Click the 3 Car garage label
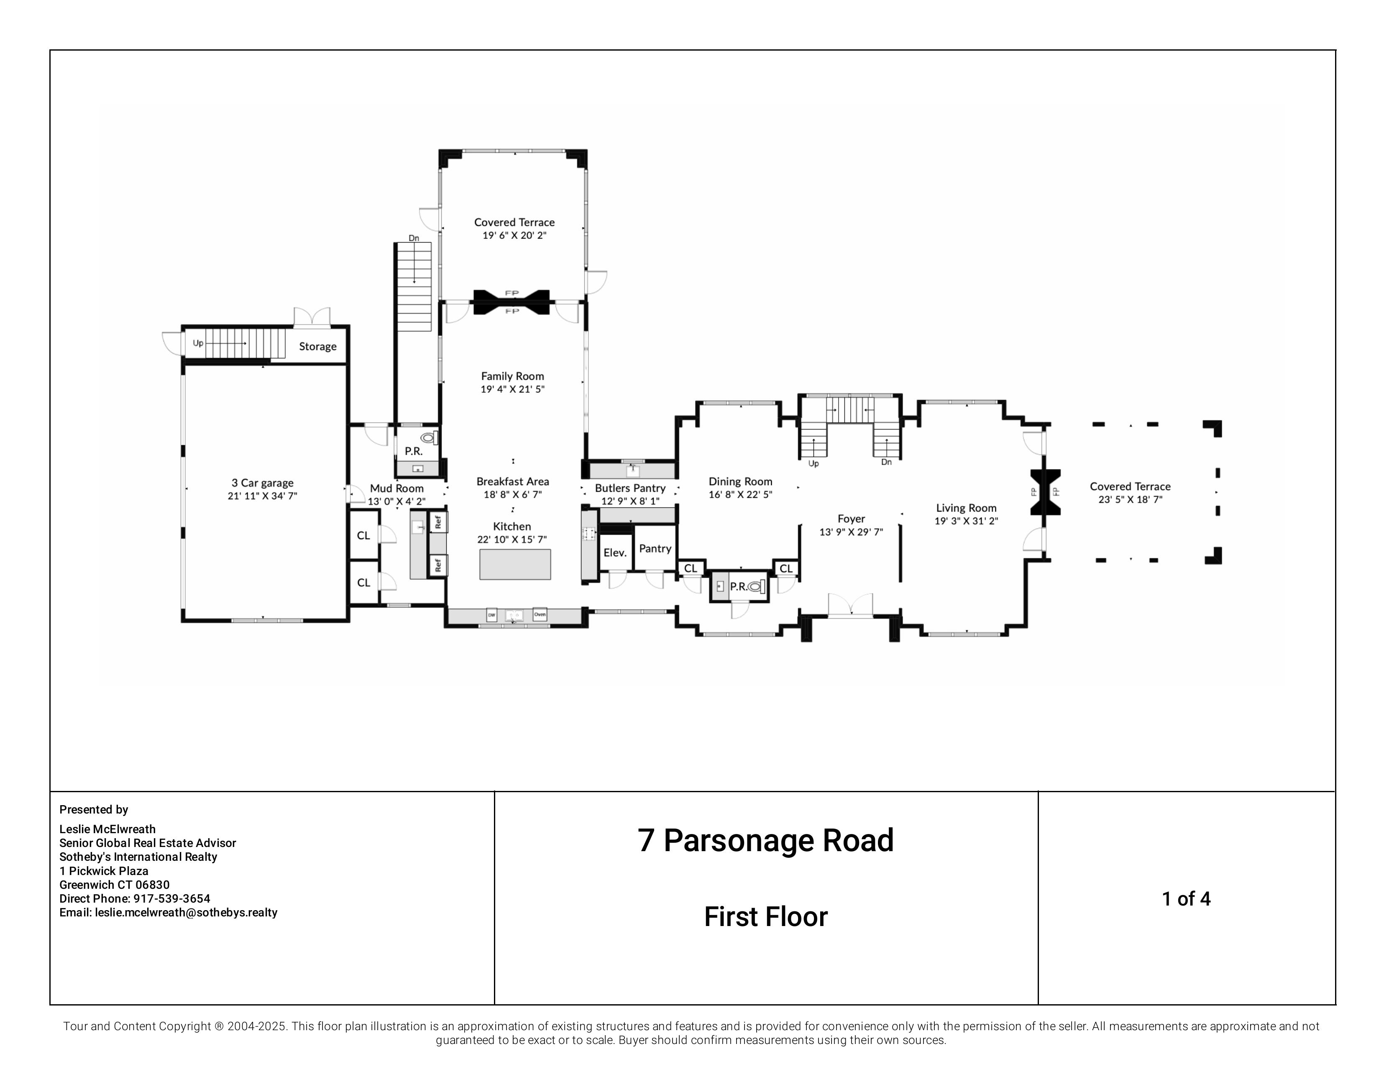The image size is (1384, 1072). pyautogui.click(x=262, y=483)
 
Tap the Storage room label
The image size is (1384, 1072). pyautogui.click(x=317, y=347)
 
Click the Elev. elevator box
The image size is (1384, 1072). pyautogui.click(x=615, y=553)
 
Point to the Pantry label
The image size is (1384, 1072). pyautogui.click(x=655, y=549)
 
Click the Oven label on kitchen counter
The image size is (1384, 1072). pyautogui.click(x=539, y=614)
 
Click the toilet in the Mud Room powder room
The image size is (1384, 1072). pyautogui.click(x=429, y=437)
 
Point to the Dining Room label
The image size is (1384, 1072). pyautogui.click(x=740, y=481)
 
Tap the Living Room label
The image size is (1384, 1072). pyautogui.click(x=966, y=508)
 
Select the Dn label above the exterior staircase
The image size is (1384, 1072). pyautogui.click(x=414, y=238)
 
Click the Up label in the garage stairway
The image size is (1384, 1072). pyautogui.click(x=198, y=343)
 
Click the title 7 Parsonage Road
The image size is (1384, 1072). pyautogui.click(x=765, y=841)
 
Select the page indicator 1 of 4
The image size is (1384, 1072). pyautogui.click(x=1186, y=898)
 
